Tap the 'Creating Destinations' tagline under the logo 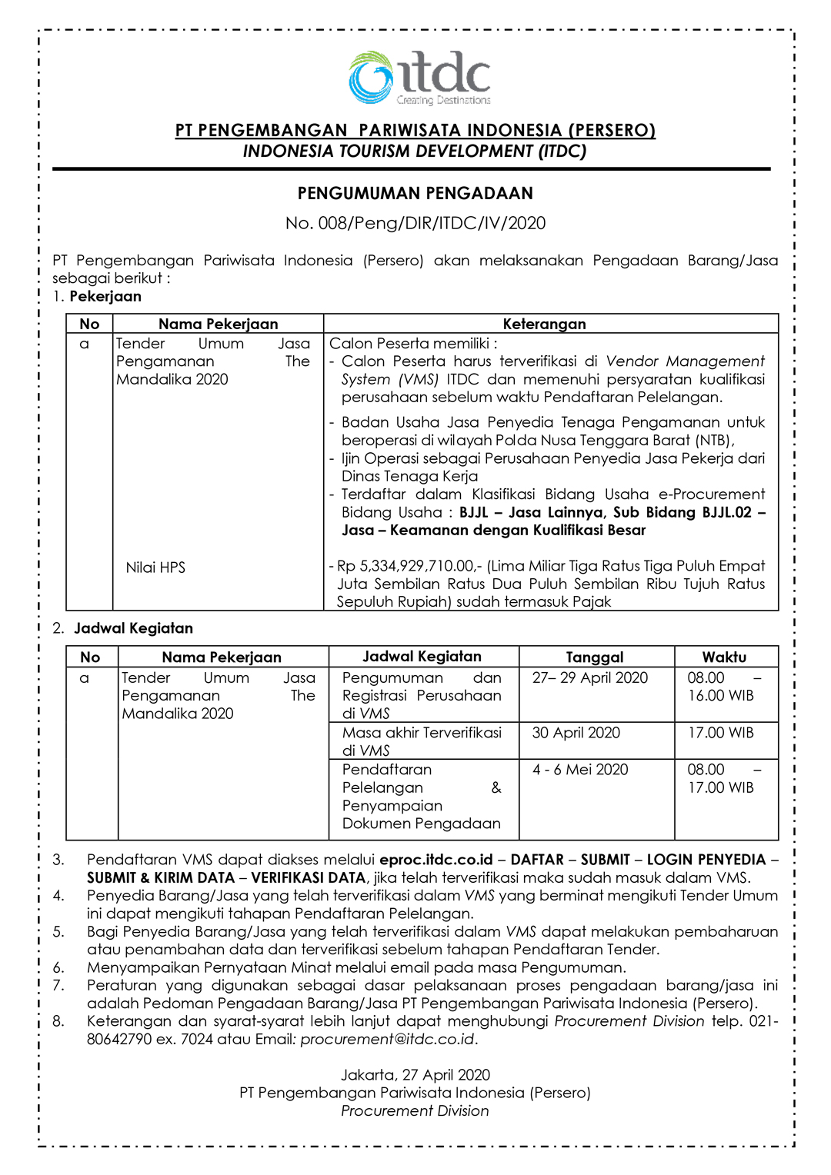tap(443, 100)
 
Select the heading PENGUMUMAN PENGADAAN tap(415, 194)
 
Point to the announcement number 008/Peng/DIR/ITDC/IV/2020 tap(415, 224)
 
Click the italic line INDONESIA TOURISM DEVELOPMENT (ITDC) tap(415, 151)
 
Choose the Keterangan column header tap(544, 324)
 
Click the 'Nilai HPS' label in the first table tap(155, 568)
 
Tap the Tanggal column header tap(595, 657)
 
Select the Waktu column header tap(724, 657)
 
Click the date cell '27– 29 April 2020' tap(590, 677)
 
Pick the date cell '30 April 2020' tap(576, 733)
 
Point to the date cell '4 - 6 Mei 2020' tap(580, 770)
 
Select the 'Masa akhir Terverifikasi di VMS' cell tap(422, 741)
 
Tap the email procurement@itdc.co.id tap(387, 1040)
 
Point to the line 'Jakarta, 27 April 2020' tap(415, 1075)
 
